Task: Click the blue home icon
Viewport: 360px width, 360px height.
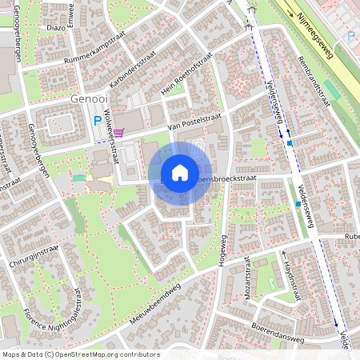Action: pos(179,173)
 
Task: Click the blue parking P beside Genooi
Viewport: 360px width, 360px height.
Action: pos(98,122)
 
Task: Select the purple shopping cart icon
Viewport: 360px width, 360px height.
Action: pos(118,133)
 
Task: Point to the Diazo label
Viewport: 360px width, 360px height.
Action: pos(57,26)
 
